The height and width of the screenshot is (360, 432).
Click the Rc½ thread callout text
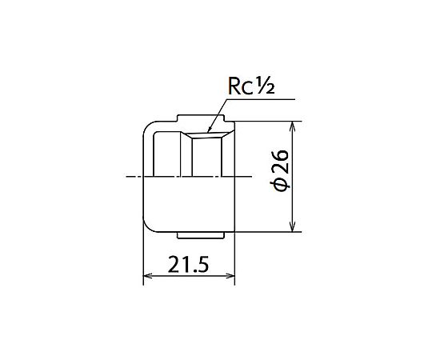[x=251, y=85]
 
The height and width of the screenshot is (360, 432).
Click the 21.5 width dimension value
[x=188, y=265]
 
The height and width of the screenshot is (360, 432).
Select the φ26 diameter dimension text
[x=280, y=170]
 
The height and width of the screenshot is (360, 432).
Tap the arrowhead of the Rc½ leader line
[x=209, y=130]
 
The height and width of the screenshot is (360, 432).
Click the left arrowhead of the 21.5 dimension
[x=148, y=276]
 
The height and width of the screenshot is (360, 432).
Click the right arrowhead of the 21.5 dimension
[x=230, y=276]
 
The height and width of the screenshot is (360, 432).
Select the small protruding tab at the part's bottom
[x=201, y=235]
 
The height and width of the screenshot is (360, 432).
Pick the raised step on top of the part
[x=201, y=118]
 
